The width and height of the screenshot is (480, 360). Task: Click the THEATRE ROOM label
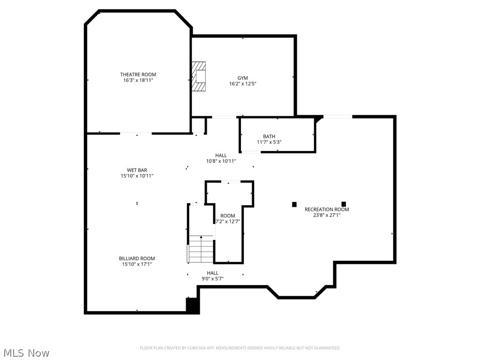pos(138,75)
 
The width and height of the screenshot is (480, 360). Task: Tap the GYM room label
pos(242,78)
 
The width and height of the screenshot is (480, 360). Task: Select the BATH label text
pos(269,136)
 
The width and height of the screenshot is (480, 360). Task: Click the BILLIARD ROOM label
pos(137,258)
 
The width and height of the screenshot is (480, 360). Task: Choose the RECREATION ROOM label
pos(327,210)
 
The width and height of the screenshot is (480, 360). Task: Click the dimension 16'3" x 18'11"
pos(138,81)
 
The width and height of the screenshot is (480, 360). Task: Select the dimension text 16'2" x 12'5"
pos(243,84)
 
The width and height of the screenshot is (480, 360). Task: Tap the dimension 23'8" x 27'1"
pos(327,216)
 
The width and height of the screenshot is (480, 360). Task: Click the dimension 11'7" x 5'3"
pos(269,142)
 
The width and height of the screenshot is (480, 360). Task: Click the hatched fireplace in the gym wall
pos(199,76)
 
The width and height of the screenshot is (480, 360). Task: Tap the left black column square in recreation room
pos(294,204)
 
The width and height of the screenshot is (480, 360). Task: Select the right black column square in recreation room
pos(344,204)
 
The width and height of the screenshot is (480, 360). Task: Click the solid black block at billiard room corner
pos(193,306)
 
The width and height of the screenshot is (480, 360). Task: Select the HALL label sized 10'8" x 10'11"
pos(221,155)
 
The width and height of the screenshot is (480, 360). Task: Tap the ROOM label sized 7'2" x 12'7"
pos(228,216)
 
